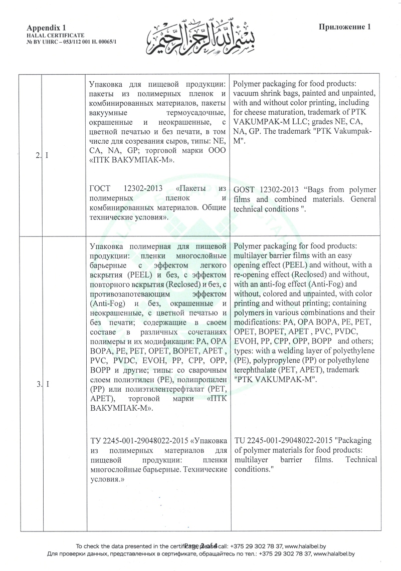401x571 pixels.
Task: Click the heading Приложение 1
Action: pyautogui.click(x=344, y=27)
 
